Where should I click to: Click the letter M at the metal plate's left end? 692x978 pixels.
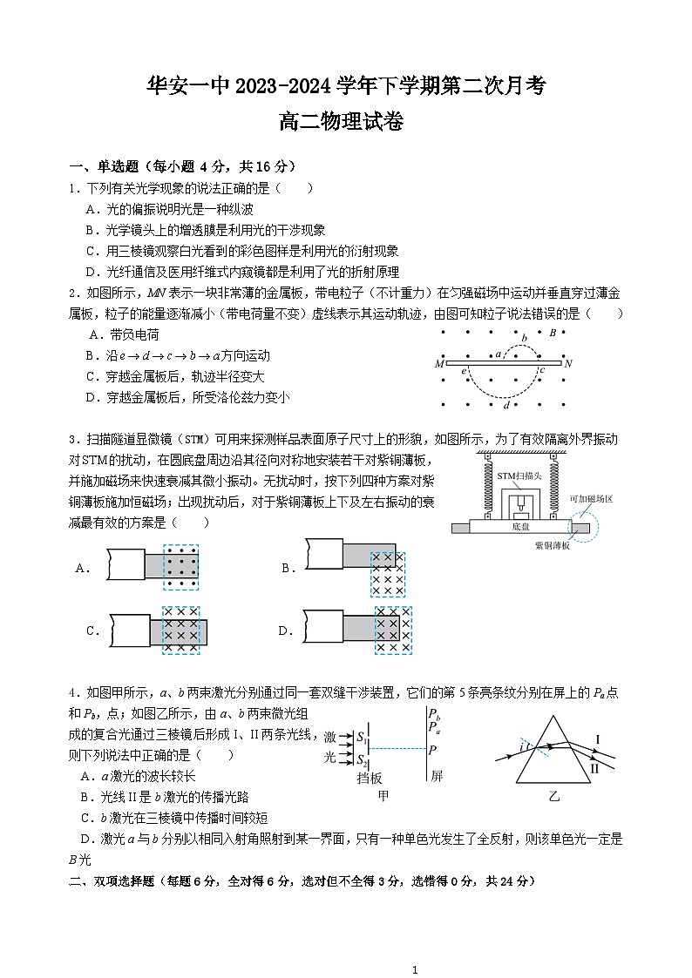coord(439,363)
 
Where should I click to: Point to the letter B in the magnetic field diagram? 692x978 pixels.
coord(551,332)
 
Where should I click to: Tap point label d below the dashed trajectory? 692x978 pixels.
coord(506,404)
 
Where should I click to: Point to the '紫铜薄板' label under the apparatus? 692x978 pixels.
coord(552,545)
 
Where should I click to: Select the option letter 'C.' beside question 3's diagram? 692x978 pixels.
coord(92,631)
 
